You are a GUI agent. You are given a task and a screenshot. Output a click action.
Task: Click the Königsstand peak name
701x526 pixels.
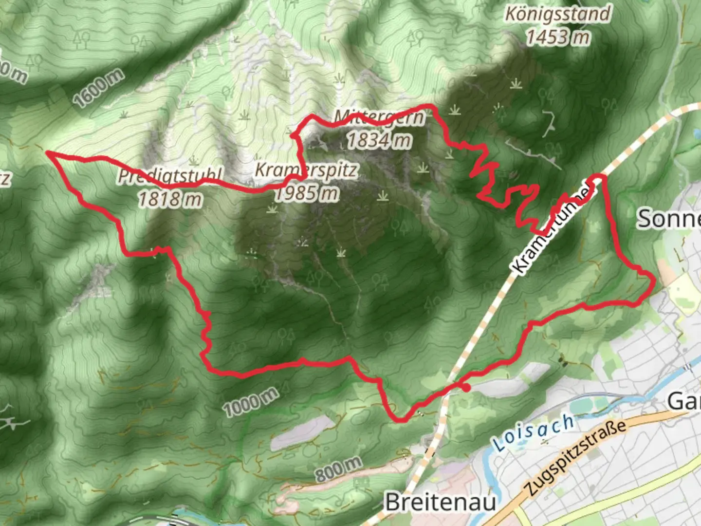tap(557, 14)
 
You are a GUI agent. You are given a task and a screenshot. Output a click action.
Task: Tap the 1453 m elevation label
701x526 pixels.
tap(557, 37)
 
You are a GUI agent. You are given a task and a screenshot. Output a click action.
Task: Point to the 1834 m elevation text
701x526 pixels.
tap(379, 140)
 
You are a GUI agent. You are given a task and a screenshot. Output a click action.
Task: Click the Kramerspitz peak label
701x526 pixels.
tap(307, 170)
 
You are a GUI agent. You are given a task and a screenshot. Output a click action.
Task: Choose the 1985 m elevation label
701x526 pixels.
tap(307, 194)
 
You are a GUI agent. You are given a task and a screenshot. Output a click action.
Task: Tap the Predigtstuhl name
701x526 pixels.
tap(170, 176)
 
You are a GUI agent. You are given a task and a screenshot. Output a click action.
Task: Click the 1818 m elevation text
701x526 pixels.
tap(170, 199)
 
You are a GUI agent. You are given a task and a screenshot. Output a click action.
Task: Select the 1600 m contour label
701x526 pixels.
tap(99, 88)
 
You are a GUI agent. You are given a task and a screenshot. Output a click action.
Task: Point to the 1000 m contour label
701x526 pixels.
tap(251, 402)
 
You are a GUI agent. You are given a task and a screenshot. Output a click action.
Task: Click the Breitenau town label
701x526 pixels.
tap(441, 502)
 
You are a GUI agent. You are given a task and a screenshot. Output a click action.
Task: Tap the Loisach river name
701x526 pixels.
tap(533, 432)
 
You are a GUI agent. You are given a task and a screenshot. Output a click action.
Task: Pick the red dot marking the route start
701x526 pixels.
tap(466, 388)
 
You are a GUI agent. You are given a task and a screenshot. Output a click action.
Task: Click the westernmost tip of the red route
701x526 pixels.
tap(47, 153)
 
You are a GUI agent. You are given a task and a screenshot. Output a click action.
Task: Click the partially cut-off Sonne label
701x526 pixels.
tap(669, 219)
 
